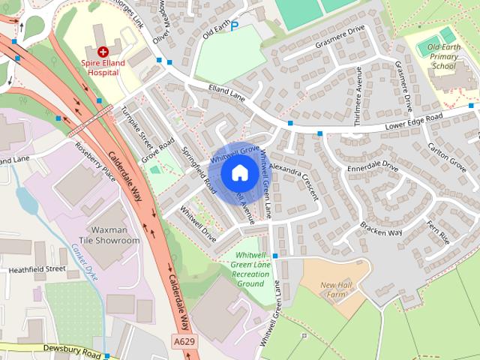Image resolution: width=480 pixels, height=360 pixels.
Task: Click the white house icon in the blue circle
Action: pos(239,173)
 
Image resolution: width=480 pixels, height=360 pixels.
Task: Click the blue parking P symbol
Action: pos(235,26)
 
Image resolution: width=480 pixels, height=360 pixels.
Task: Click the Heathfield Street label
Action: pos(37,268)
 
